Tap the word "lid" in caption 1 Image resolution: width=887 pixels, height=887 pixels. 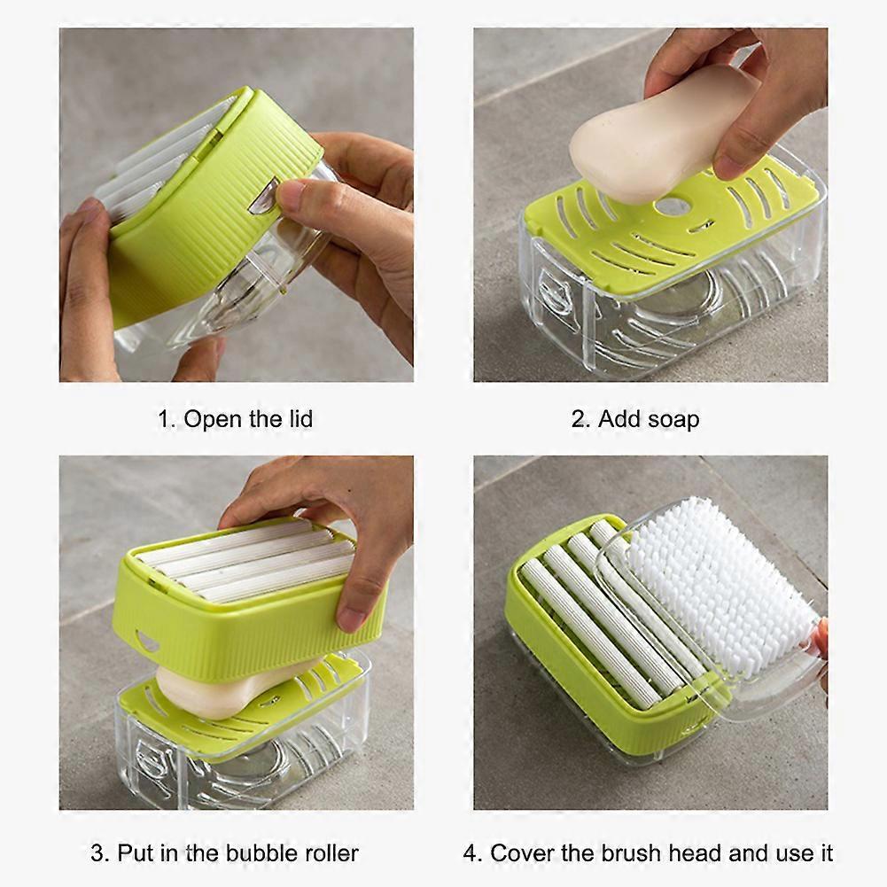(300, 418)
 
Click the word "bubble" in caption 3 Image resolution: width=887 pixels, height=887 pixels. (262, 853)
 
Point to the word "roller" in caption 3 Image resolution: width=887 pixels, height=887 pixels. (331, 853)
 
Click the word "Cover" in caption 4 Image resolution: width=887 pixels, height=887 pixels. (520, 853)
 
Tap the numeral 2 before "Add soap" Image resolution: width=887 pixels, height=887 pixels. (578, 420)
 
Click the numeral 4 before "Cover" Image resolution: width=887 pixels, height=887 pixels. (471, 854)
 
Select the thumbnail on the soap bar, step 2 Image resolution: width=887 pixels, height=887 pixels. (727, 167)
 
